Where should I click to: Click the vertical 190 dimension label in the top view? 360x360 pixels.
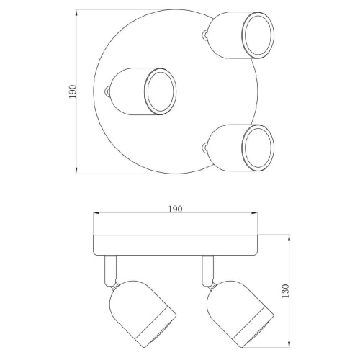tap(73, 91)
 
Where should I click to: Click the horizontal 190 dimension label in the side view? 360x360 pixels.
tap(175, 209)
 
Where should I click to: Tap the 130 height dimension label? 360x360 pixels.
tap(285, 291)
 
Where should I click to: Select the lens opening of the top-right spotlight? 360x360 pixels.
tap(258, 35)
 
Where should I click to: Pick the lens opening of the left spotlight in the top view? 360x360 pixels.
tap(160, 91)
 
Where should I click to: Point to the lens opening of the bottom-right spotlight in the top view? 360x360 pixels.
tap(258, 148)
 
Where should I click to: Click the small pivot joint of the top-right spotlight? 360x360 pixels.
tap(205, 35)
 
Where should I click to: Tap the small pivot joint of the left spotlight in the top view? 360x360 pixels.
tap(108, 91)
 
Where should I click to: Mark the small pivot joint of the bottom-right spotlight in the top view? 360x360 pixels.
tap(205, 148)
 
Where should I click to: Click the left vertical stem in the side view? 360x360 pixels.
tap(110, 271)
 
